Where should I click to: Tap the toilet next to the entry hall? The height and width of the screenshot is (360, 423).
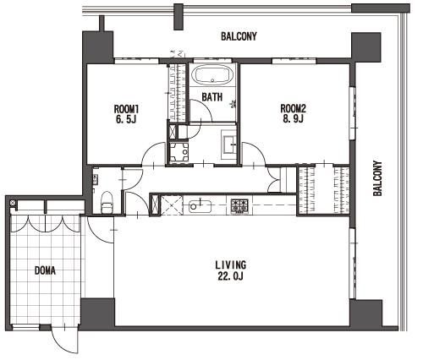tap(107, 202)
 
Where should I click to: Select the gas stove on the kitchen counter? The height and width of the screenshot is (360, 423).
tap(239, 205)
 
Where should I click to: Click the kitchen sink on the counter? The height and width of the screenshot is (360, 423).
tap(200, 206)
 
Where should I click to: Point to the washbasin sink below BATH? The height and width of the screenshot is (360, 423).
tap(230, 145)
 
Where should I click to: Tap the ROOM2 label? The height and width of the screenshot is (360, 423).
tap(293, 108)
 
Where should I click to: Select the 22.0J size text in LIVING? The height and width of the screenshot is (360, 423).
tap(230, 276)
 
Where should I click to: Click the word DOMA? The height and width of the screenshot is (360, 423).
tap(45, 270)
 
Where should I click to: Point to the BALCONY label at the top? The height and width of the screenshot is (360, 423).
tap(239, 36)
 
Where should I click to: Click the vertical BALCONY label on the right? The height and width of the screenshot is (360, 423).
tap(377, 178)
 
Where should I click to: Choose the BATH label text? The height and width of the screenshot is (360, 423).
tap(212, 97)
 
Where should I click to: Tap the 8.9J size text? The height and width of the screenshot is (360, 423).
tap(293, 119)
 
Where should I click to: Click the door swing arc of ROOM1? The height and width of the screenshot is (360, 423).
tap(147, 150)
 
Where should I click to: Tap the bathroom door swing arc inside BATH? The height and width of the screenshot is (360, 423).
tap(206, 106)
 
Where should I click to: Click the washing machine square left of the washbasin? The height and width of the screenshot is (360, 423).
tap(179, 152)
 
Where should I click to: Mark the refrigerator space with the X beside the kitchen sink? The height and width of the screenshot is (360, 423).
tap(171, 205)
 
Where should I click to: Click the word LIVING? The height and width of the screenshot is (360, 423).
tap(231, 265)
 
